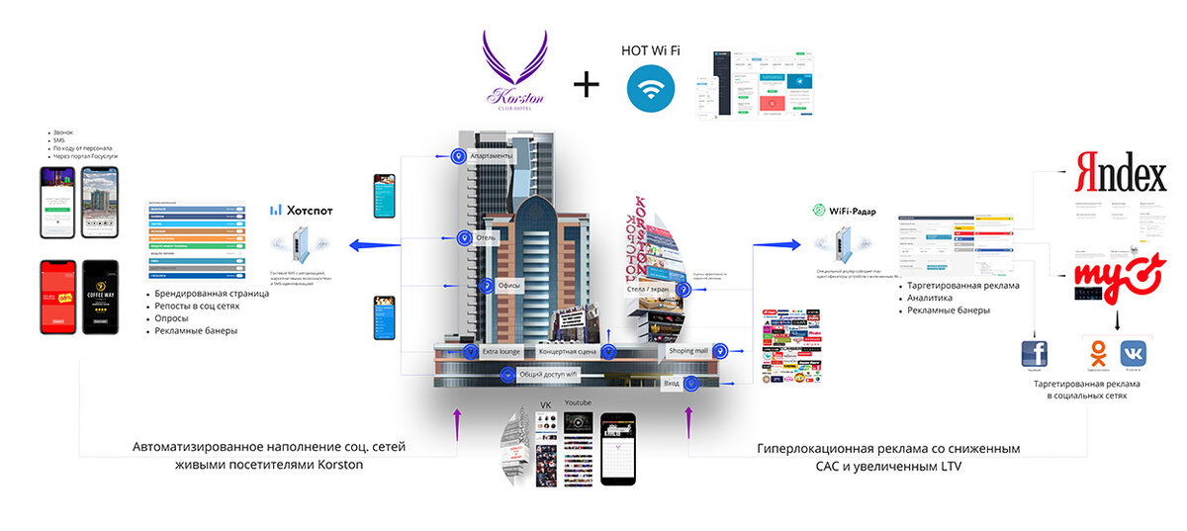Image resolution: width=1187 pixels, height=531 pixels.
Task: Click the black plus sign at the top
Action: point(587,84)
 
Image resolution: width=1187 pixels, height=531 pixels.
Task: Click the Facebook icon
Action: point(1035,354)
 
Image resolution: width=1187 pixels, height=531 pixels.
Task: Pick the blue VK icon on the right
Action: point(1134,354)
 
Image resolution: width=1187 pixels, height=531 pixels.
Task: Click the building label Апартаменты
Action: point(492,156)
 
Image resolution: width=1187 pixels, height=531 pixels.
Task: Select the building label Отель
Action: point(485,238)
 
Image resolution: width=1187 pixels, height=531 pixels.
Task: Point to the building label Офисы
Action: point(509,286)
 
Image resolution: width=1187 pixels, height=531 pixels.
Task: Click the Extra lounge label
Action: point(501,351)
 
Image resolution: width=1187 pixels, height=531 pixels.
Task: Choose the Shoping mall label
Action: point(688,350)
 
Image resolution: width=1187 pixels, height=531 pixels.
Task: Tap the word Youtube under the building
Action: point(578,402)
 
